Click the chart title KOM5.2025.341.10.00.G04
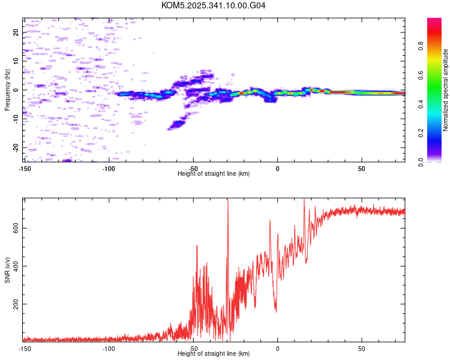pyautogui.click(x=214, y=5)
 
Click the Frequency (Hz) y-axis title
pyautogui.click(x=7, y=90)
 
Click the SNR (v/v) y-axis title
pyautogui.click(x=7, y=270)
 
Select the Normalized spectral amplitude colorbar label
pyautogui.click(x=446, y=90)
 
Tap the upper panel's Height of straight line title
pyautogui.click(x=214, y=173)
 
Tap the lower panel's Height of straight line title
pyautogui.click(x=214, y=353)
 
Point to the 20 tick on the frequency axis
pyautogui.click(x=16, y=32)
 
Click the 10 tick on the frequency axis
pyautogui.click(x=16, y=61)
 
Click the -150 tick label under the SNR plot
pyautogui.click(x=25, y=349)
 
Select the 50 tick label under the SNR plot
pyautogui.click(x=362, y=349)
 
